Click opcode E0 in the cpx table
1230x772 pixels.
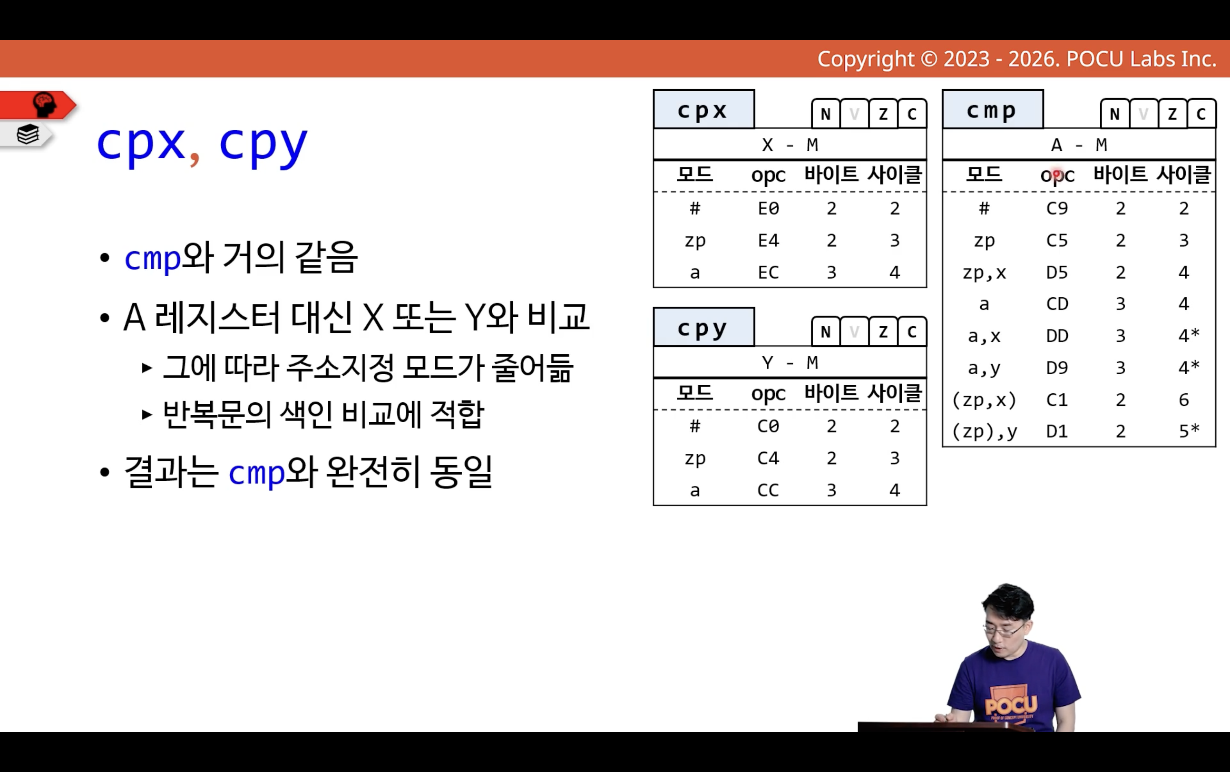768,208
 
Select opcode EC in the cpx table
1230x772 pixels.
768,272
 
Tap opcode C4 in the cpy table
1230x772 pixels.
768,458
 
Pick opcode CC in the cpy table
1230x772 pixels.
768,490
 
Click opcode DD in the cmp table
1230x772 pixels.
1057,336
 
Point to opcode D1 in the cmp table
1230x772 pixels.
1057,432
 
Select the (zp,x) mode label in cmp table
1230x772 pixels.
984,400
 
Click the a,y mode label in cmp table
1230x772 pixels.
984,368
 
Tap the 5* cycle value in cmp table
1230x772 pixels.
1189,432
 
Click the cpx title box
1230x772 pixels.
704,109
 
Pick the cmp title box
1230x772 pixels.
992,109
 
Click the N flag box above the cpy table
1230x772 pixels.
826,332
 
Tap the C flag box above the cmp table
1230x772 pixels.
1202,114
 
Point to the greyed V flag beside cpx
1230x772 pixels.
854,114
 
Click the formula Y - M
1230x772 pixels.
790,362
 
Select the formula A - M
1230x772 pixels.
1079,145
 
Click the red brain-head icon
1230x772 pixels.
44,105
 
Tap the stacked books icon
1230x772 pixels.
28,134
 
